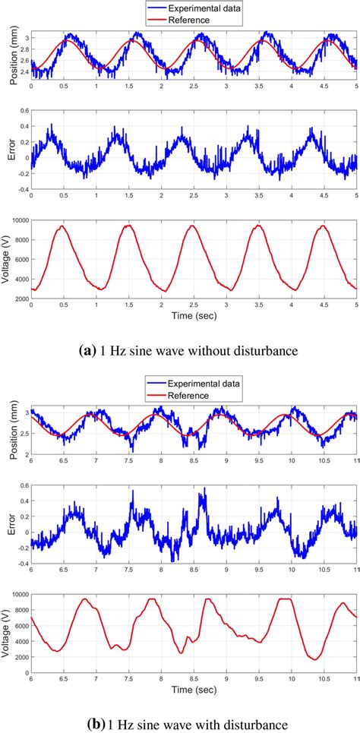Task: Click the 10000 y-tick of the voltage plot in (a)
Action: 18,221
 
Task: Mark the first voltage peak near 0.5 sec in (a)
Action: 63,226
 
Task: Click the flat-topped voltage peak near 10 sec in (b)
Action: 285,599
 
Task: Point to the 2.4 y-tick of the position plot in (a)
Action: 23,73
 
